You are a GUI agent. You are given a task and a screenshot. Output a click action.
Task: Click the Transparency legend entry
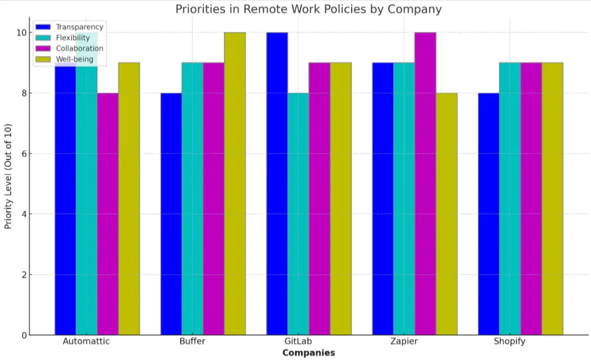tap(80, 27)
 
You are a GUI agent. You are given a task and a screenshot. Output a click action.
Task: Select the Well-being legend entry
tap(74, 59)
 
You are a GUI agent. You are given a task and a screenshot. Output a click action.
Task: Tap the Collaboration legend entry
tap(80, 48)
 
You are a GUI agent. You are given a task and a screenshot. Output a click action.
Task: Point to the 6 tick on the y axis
tap(24, 154)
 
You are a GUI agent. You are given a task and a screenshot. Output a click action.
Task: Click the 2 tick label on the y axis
tap(24, 275)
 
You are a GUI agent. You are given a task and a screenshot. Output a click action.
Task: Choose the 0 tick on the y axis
tap(24, 336)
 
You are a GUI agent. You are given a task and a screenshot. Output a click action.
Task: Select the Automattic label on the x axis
tap(86, 342)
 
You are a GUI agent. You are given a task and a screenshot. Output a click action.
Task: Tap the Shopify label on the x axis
tap(509, 342)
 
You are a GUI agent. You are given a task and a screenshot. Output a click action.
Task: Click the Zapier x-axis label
tap(403, 342)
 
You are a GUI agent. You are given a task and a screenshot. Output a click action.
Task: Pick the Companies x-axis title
tap(309, 353)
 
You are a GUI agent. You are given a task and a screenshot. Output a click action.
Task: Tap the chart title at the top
tap(308, 9)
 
